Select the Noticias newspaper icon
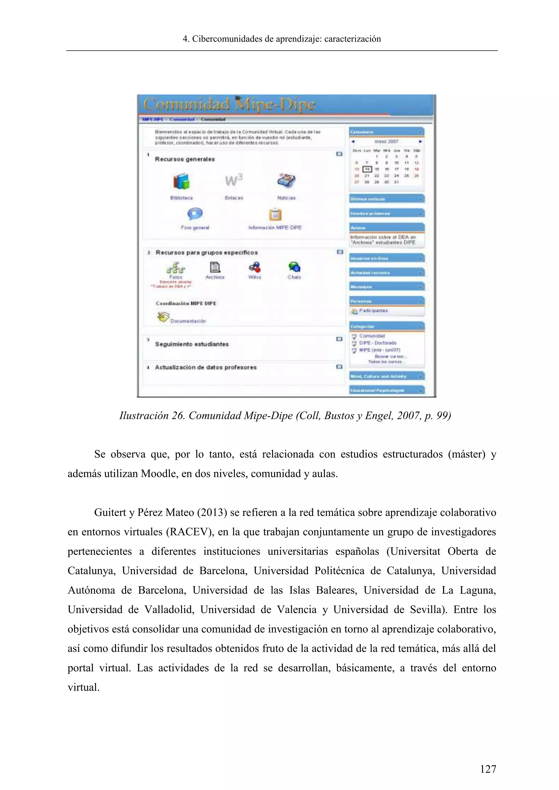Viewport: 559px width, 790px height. pyautogui.click(x=286, y=180)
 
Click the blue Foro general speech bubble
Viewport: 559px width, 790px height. pyautogui.click(x=195, y=214)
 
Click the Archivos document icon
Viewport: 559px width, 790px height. pyautogui.click(x=215, y=267)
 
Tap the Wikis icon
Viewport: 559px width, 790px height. pyautogui.click(x=255, y=267)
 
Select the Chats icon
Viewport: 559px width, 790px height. pyautogui.click(x=294, y=267)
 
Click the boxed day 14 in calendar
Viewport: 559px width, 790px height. pyautogui.click(x=367, y=169)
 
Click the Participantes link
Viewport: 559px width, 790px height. pyautogui.click(x=373, y=311)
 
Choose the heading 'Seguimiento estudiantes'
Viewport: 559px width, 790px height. pyautogui.click(x=192, y=344)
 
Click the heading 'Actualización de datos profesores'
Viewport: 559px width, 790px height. pyautogui.click(x=206, y=367)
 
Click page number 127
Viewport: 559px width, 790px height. pyautogui.click(x=488, y=769)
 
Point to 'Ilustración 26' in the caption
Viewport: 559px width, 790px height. pyautogui.click(x=151, y=416)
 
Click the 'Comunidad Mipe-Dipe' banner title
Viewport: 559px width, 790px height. pyautogui.click(x=229, y=104)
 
